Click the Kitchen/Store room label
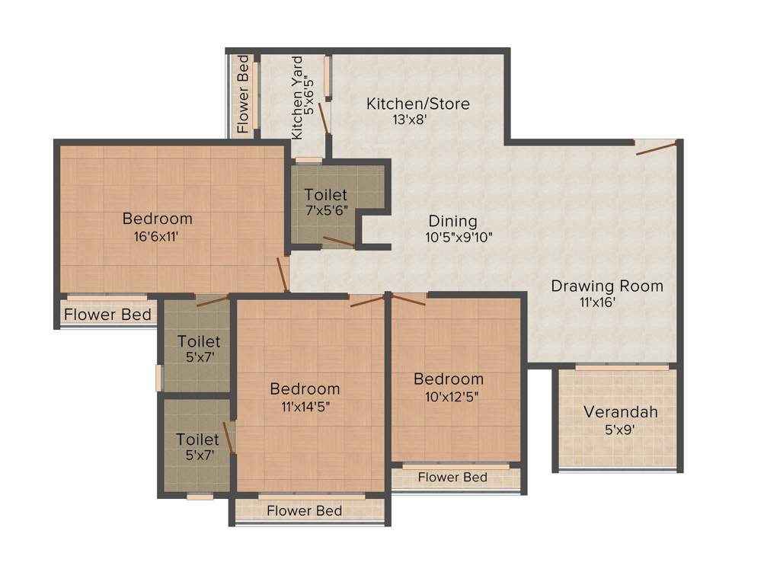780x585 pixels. click(x=417, y=104)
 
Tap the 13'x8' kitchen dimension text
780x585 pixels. click(x=414, y=120)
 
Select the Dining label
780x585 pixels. click(x=452, y=222)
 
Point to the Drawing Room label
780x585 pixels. click(x=607, y=286)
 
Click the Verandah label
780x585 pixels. click(x=620, y=412)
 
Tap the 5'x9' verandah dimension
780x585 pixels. click(x=620, y=429)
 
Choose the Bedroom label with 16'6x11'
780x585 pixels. click(x=158, y=219)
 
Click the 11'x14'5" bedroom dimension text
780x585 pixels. click(x=305, y=405)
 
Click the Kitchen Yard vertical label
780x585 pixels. click(x=298, y=97)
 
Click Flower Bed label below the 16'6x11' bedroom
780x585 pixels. click(x=107, y=315)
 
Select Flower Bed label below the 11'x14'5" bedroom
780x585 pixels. click(x=304, y=510)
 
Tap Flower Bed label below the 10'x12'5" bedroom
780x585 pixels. click(x=452, y=478)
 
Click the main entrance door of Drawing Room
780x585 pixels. click(x=657, y=147)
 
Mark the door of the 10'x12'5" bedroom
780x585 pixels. click(x=407, y=299)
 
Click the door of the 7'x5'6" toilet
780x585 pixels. click(x=338, y=243)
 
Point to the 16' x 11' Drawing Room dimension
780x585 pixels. click(x=597, y=302)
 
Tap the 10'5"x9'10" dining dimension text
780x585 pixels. click(x=459, y=237)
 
